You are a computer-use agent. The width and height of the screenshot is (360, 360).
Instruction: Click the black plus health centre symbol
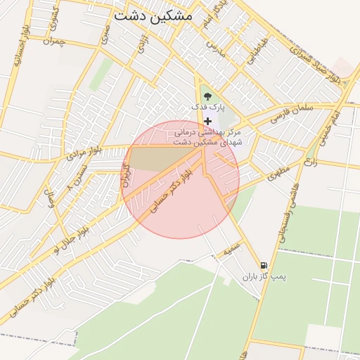207,121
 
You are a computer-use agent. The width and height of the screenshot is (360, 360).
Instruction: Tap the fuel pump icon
263,265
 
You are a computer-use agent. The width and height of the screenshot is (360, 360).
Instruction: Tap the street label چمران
54,42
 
